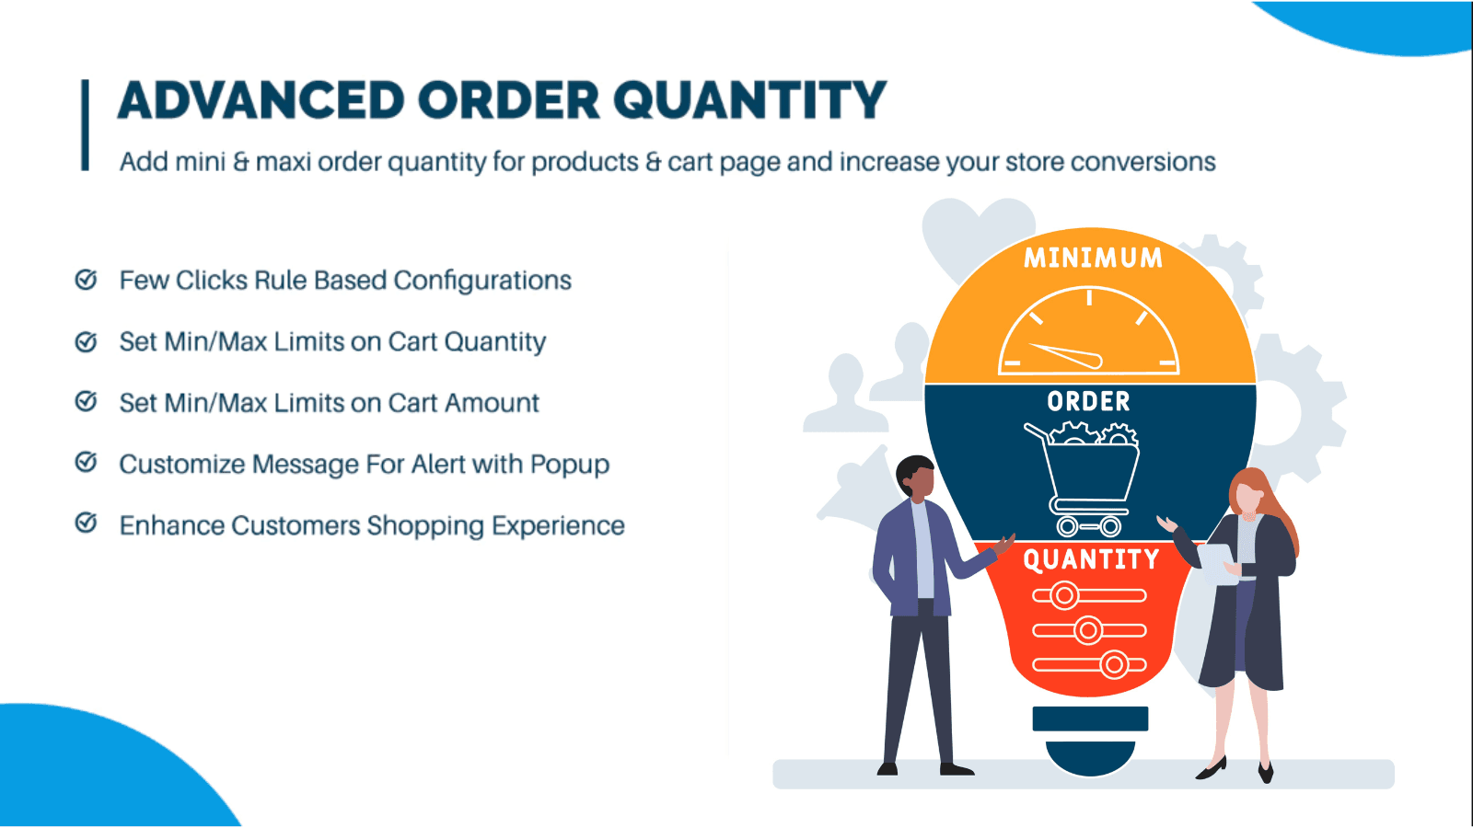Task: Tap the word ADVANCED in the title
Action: point(261,101)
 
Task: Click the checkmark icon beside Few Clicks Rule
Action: point(86,280)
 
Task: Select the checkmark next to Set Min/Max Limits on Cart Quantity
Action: point(86,341)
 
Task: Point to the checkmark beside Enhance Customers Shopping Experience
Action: point(86,523)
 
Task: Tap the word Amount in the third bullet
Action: point(493,403)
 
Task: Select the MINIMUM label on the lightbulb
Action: point(1093,258)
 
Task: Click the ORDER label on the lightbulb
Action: point(1088,401)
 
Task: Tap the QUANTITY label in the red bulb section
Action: point(1091,559)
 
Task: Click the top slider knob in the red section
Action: point(1065,595)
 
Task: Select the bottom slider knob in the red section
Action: point(1115,664)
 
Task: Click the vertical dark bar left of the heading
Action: point(86,125)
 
